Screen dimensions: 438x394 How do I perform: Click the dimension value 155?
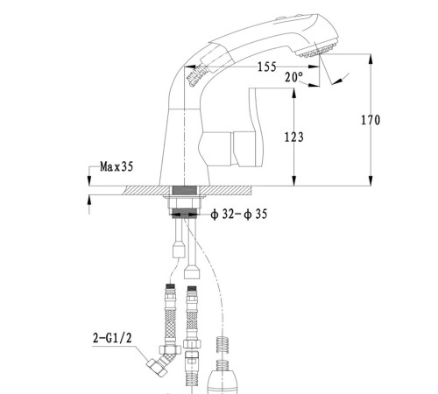click(267, 67)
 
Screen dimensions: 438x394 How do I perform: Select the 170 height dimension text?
click(371, 120)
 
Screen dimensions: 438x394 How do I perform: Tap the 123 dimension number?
click(294, 137)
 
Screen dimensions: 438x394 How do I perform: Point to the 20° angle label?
click(293, 77)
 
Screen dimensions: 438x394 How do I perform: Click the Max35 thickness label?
click(117, 166)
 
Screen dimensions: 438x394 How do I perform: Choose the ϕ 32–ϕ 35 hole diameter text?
click(239, 215)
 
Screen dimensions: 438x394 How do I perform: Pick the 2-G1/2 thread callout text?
click(112, 338)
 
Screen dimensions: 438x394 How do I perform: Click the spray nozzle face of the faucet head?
click(317, 50)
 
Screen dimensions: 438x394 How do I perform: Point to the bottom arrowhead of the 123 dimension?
click(294, 180)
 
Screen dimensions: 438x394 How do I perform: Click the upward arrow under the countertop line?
click(89, 201)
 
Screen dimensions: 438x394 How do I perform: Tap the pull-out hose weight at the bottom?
click(222, 379)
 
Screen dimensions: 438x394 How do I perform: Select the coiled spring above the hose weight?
click(223, 345)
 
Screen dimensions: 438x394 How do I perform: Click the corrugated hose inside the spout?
click(196, 74)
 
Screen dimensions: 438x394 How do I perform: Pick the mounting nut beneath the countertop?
click(184, 203)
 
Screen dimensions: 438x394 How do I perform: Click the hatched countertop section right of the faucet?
click(227, 190)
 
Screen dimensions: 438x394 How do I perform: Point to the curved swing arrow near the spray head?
click(342, 79)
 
